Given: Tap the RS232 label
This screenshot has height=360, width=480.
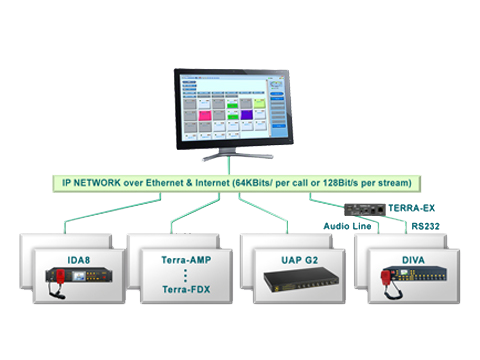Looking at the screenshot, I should (425, 227).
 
